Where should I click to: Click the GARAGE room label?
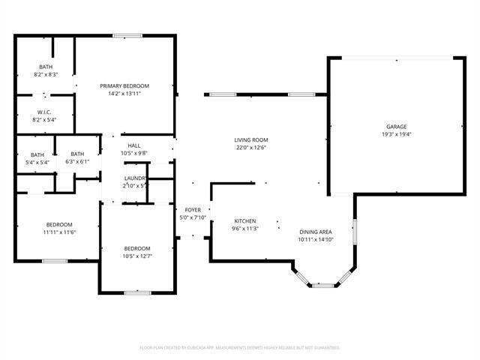[397, 127]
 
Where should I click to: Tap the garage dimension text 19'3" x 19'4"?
[397, 135]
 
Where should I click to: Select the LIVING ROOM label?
[251, 140]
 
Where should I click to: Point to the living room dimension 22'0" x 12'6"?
[251, 148]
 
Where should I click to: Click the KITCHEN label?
[245, 221]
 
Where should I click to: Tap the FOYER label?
[193, 211]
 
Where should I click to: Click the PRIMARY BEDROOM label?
[124, 85]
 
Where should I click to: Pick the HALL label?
[134, 145]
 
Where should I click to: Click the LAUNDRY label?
[136, 178]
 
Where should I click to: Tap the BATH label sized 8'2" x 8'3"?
[46, 67]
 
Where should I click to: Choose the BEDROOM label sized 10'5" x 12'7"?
[137, 248]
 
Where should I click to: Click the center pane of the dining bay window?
[324, 285]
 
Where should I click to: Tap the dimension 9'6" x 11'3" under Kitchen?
[245, 229]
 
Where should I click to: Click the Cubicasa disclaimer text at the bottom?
[240, 348]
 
